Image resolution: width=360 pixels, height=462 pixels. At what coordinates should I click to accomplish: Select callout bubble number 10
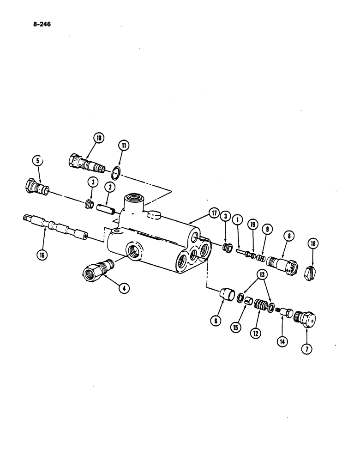(x=98, y=137)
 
